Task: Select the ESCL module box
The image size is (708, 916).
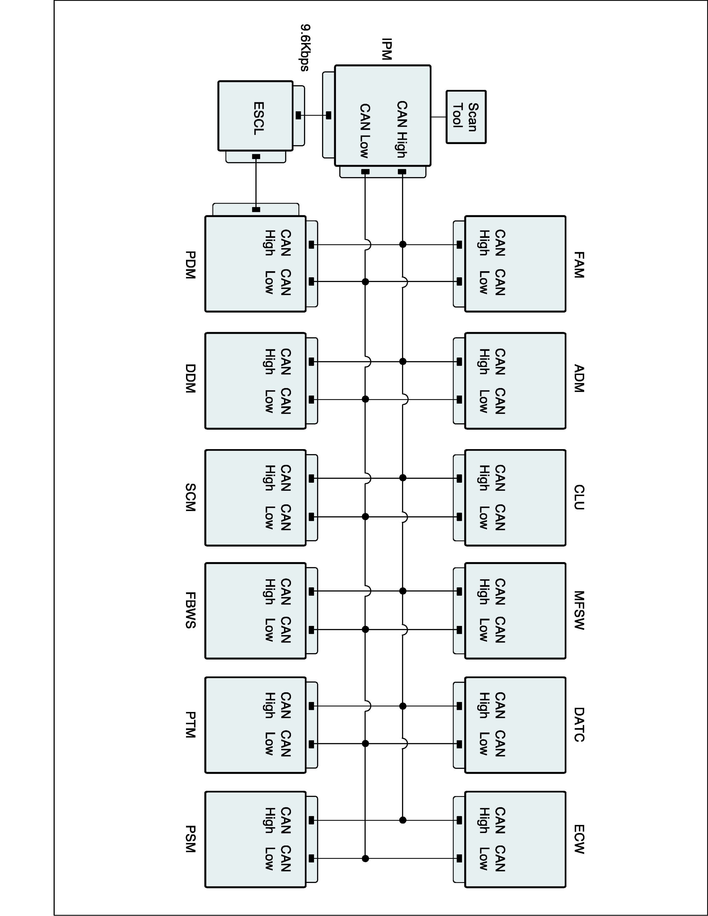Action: click(x=255, y=115)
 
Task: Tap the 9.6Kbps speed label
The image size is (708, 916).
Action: click(x=305, y=48)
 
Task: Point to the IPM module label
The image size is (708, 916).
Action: click(x=386, y=49)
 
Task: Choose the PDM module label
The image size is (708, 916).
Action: click(x=190, y=265)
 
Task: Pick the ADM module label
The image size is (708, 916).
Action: click(x=579, y=378)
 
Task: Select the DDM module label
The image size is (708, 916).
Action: click(x=190, y=378)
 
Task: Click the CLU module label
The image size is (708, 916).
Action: click(x=579, y=497)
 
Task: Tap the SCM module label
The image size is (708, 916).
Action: click(x=190, y=497)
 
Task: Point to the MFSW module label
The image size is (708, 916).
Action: click(x=579, y=610)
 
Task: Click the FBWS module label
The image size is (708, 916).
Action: click(x=190, y=610)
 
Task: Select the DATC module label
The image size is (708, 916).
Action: click(x=579, y=725)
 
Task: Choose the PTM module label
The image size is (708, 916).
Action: click(x=190, y=725)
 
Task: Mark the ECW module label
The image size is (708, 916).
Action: click(x=579, y=839)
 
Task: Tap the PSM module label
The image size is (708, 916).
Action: click(x=190, y=839)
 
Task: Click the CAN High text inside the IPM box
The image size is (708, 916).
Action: click(x=402, y=129)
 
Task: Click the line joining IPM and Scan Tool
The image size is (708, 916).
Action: click(x=438, y=117)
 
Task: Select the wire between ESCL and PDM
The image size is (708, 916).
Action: click(x=256, y=183)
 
